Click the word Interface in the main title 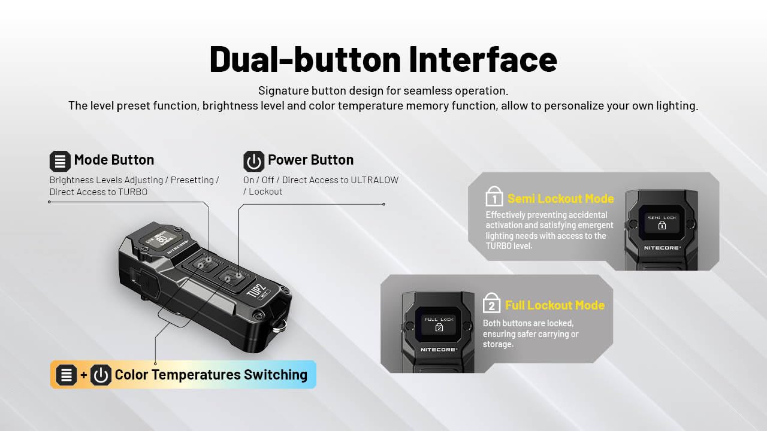[x=483, y=59]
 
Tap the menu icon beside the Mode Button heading [x=60, y=161]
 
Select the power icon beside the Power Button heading [x=253, y=161]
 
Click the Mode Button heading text [x=114, y=160]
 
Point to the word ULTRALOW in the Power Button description [x=375, y=180]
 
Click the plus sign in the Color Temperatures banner [x=84, y=375]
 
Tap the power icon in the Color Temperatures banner [x=101, y=375]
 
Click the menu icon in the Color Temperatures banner [x=66, y=375]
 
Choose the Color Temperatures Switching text [x=210, y=375]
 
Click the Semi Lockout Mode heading [x=560, y=199]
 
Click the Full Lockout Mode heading [x=554, y=305]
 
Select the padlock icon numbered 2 [x=491, y=303]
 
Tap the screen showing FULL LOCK [x=439, y=324]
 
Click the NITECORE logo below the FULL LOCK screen [x=439, y=349]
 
